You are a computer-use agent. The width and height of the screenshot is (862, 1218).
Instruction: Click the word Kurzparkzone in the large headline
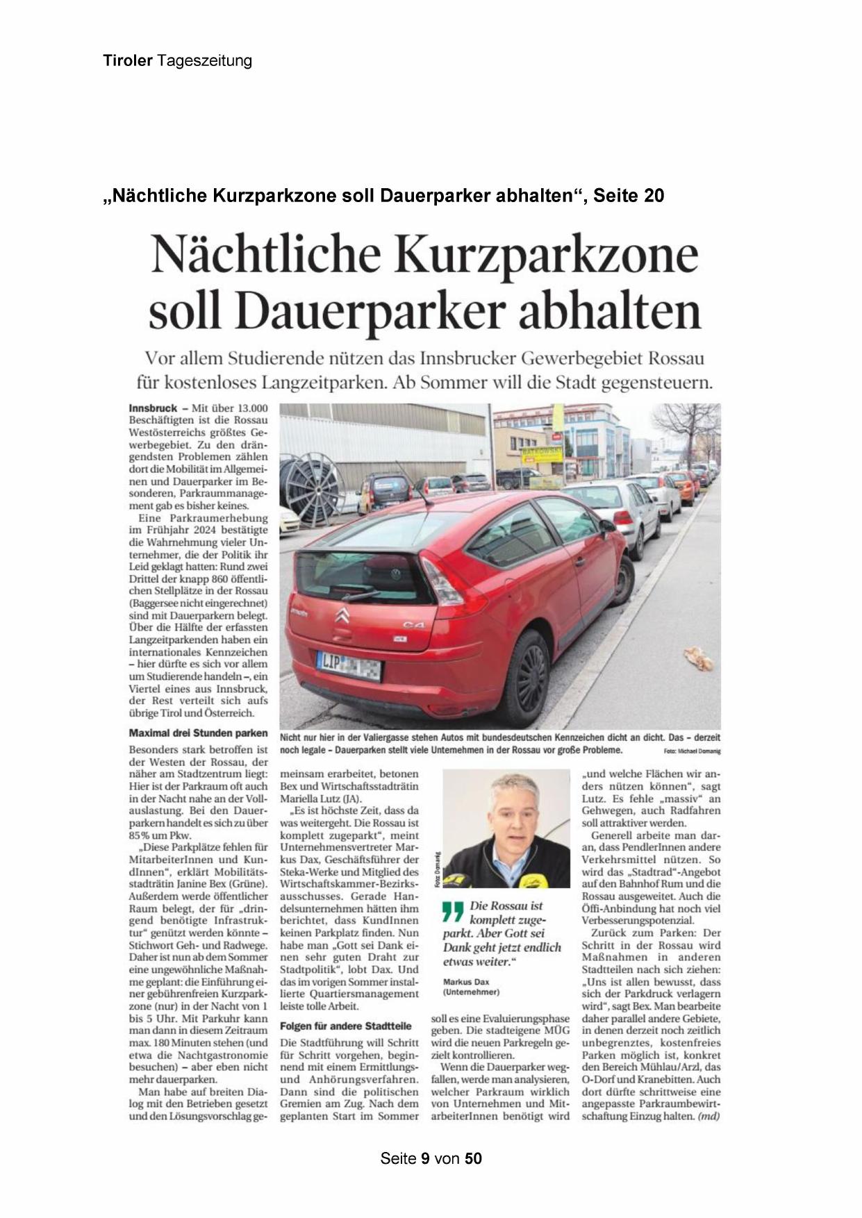546,255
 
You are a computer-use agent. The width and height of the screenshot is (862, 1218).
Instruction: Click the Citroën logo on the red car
342,615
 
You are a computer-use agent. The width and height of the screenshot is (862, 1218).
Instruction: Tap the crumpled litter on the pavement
699,658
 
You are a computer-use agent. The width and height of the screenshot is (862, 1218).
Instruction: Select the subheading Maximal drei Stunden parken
198,733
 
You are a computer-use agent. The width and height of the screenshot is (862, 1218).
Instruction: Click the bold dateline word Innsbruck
152,408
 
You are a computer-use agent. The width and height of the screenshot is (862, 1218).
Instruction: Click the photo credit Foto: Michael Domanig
692,751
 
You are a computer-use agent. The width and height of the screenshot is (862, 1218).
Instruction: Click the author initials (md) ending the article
708,1116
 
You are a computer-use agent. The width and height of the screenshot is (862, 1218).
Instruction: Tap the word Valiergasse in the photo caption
381,737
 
